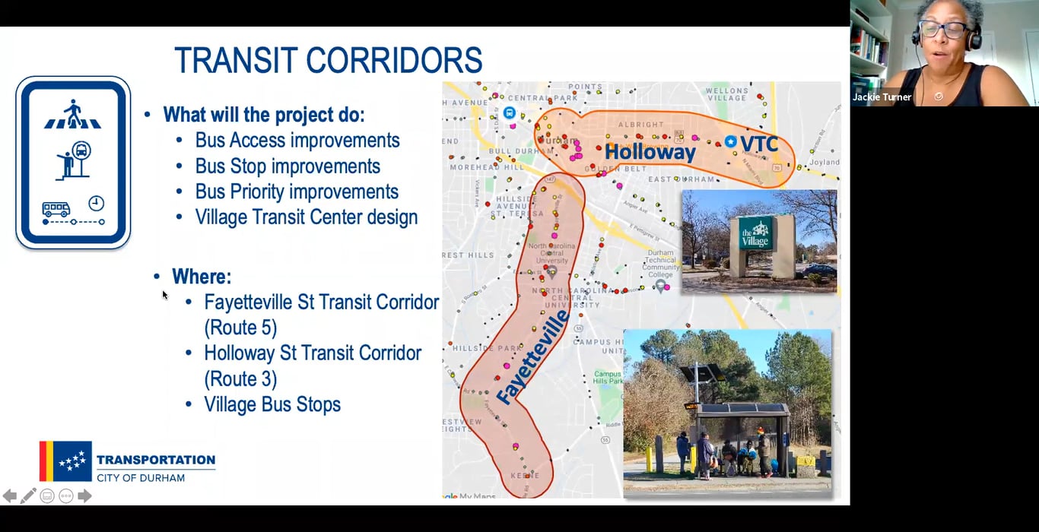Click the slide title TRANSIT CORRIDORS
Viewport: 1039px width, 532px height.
328,61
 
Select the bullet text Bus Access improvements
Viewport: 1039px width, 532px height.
297,141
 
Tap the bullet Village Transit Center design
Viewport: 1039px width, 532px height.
306,217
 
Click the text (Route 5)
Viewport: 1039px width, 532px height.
240,328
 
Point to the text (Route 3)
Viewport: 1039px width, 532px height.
240,378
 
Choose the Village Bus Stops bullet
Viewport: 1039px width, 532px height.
272,404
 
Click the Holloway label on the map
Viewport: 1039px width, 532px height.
650,153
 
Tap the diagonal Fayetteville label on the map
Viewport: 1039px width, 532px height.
532,357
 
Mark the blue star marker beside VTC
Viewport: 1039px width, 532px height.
730,141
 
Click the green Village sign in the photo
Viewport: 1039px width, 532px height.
756,233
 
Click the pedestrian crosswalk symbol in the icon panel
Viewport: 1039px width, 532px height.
73,115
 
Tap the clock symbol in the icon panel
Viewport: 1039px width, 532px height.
96,203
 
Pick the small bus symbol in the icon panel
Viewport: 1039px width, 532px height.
56,209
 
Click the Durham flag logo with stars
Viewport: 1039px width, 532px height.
66,461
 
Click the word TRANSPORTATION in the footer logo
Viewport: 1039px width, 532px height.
156,460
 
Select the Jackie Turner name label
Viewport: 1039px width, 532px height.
882,97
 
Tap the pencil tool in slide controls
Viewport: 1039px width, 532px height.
28,496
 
